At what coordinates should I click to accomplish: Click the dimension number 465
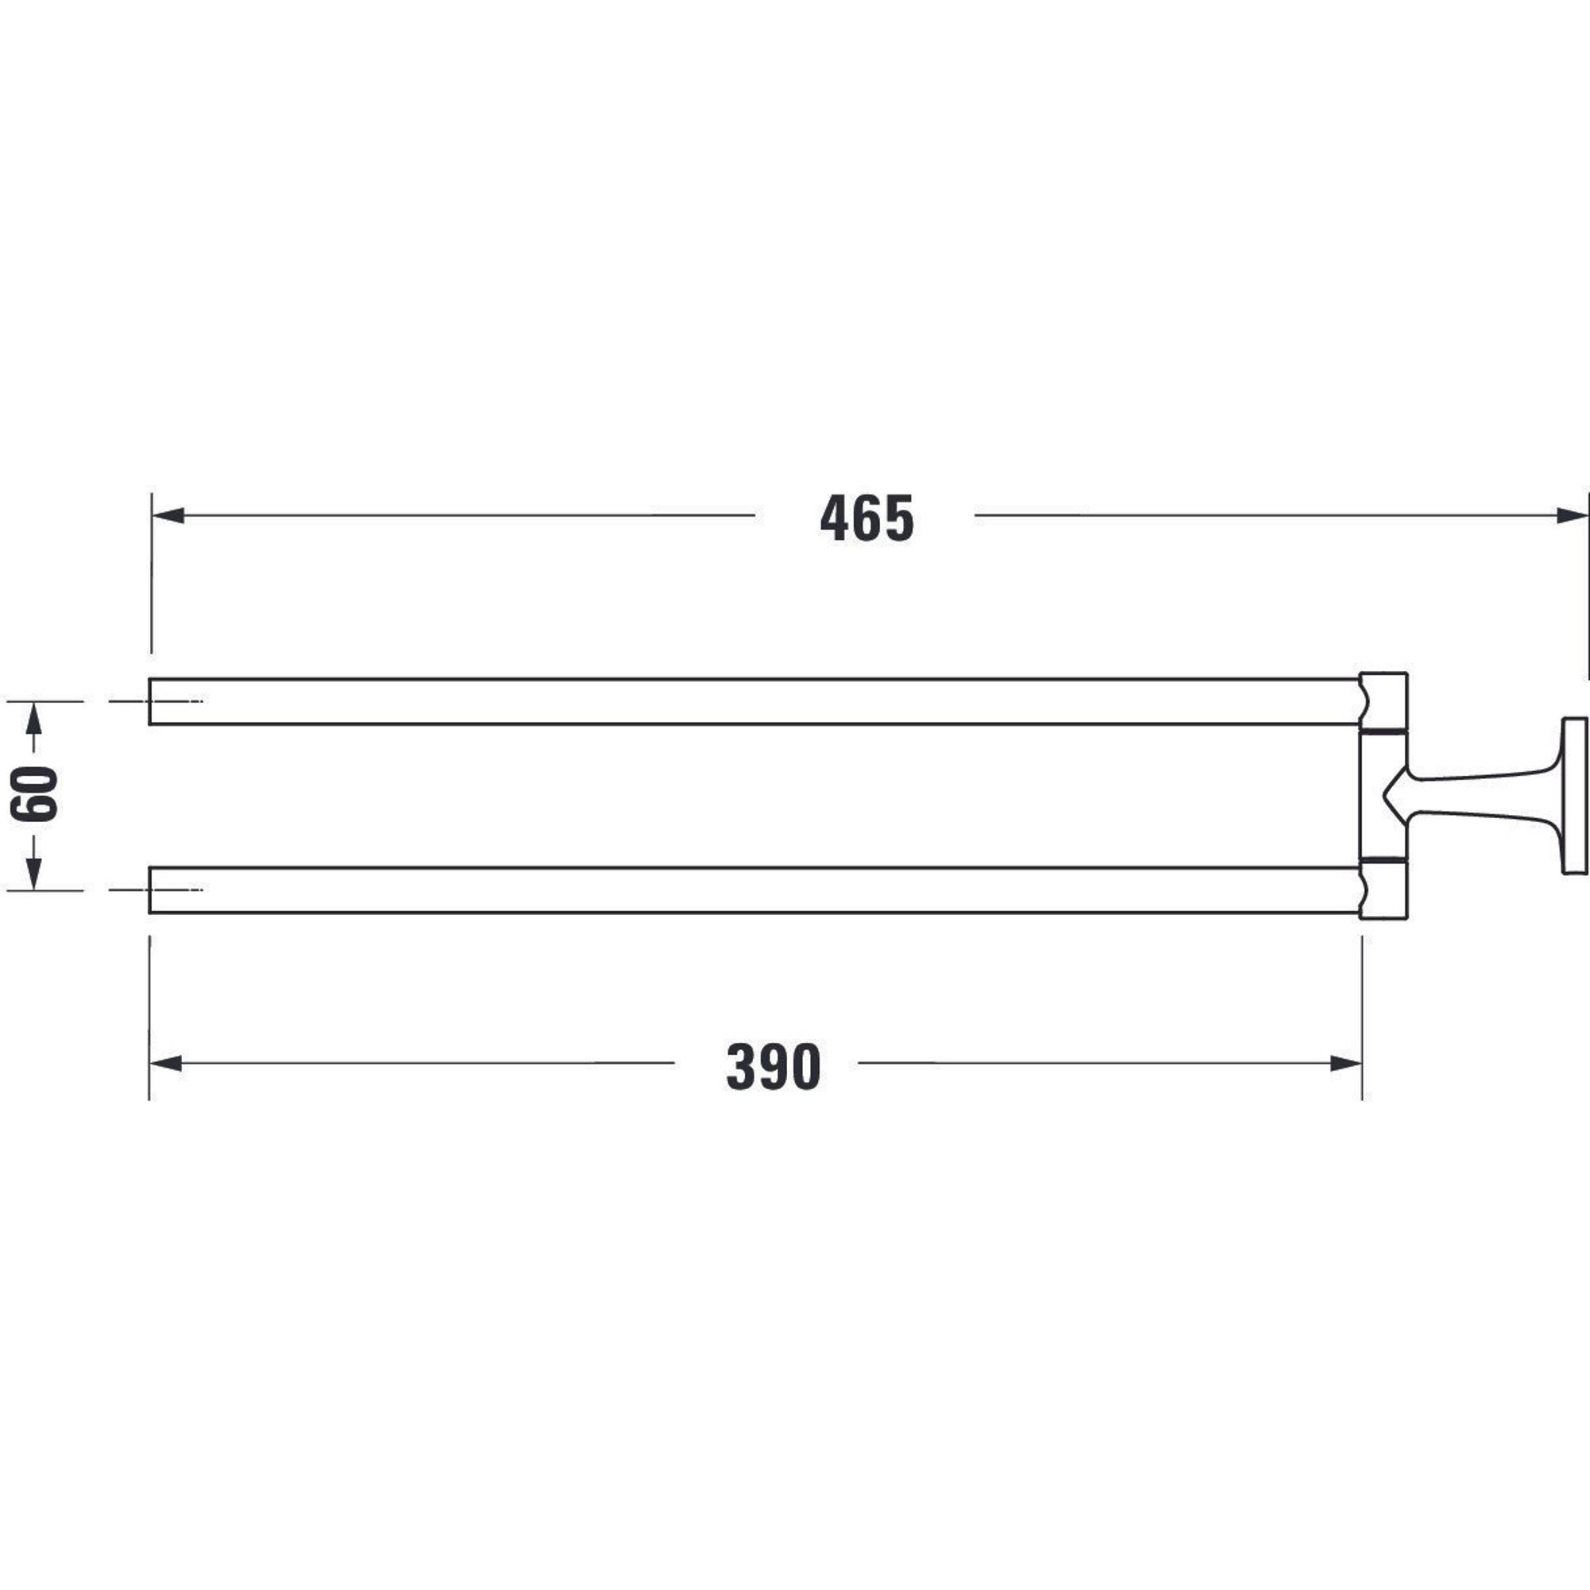coord(867,518)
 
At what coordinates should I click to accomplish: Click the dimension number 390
coord(774,1067)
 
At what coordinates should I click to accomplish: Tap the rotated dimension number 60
coord(33,794)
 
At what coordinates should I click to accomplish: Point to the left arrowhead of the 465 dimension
coord(168,516)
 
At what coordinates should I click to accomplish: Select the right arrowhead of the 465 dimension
coord(1572,516)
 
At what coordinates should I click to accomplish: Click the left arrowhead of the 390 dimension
coord(165,1063)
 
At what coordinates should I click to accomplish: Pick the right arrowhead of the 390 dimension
coord(1347,1063)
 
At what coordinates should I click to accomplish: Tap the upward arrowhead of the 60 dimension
coord(33,718)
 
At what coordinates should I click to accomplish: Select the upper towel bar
coord(753,701)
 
